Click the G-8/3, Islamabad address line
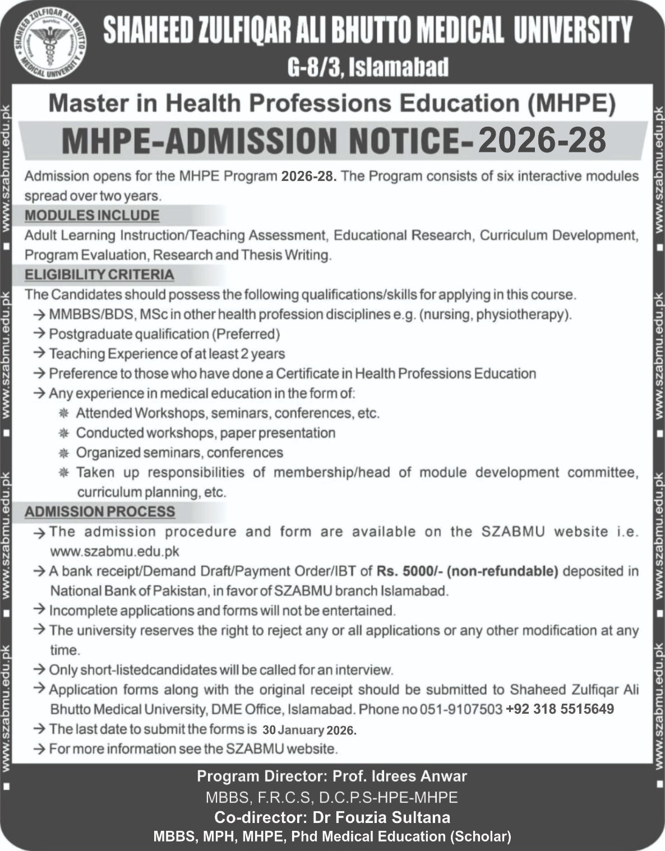click(368, 67)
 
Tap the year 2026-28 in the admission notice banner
click(542, 140)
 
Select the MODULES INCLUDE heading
click(92, 216)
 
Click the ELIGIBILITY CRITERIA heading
click(99, 275)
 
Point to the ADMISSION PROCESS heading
click(100, 511)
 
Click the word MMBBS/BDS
click(91, 314)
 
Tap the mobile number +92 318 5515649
click(560, 709)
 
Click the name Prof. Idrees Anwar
click(399, 776)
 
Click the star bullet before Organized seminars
click(64, 453)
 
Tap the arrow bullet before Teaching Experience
click(39, 354)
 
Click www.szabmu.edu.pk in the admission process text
click(115, 551)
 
